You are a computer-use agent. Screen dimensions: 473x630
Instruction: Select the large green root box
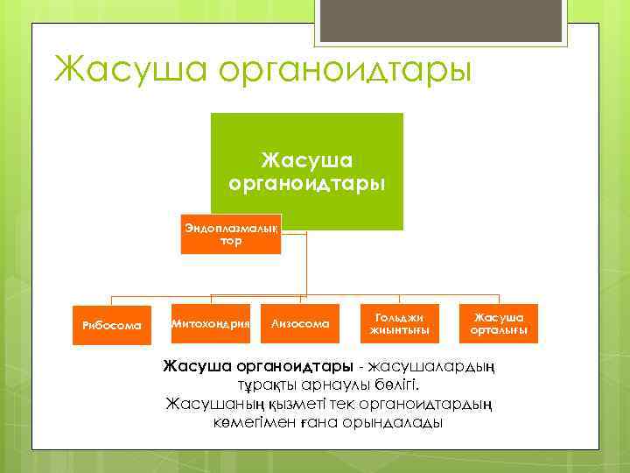click(305, 171)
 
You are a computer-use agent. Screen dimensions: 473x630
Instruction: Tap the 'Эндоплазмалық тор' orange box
click(231, 234)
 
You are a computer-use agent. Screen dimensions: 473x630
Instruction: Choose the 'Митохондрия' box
click(211, 324)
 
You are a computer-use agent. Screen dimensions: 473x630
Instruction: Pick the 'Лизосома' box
click(302, 324)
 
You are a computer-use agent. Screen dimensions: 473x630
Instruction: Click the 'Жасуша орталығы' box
click(499, 323)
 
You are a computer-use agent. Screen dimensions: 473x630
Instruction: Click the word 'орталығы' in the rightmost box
click(499, 330)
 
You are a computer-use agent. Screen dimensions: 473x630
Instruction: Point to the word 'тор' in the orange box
click(231, 241)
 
